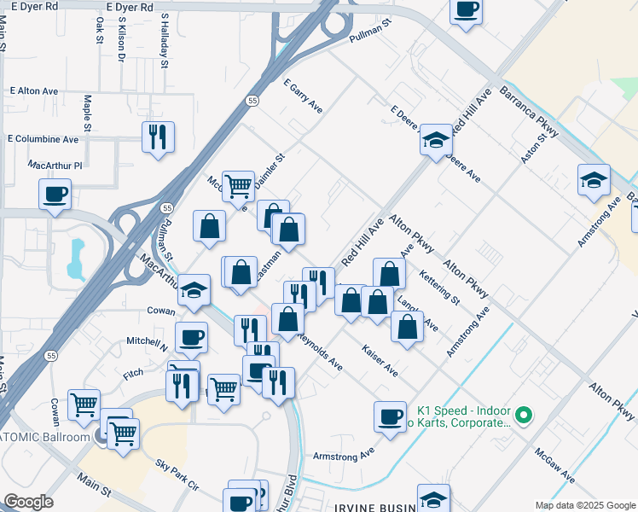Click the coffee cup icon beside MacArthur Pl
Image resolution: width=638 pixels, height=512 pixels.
[x=55, y=194]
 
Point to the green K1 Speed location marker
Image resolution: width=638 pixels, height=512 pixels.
[x=525, y=416]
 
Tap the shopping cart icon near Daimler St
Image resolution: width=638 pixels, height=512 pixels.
[x=239, y=184]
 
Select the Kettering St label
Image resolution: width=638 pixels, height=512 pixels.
[x=440, y=288]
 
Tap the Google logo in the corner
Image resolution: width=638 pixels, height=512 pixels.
[x=28, y=501]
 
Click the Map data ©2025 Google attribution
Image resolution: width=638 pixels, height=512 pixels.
[x=585, y=505]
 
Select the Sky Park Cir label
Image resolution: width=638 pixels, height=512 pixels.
[x=177, y=474]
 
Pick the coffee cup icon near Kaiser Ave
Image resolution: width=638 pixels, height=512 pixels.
[x=390, y=416]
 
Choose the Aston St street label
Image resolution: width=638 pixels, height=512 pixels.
[x=534, y=148]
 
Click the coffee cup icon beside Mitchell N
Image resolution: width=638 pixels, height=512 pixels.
[x=191, y=337]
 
